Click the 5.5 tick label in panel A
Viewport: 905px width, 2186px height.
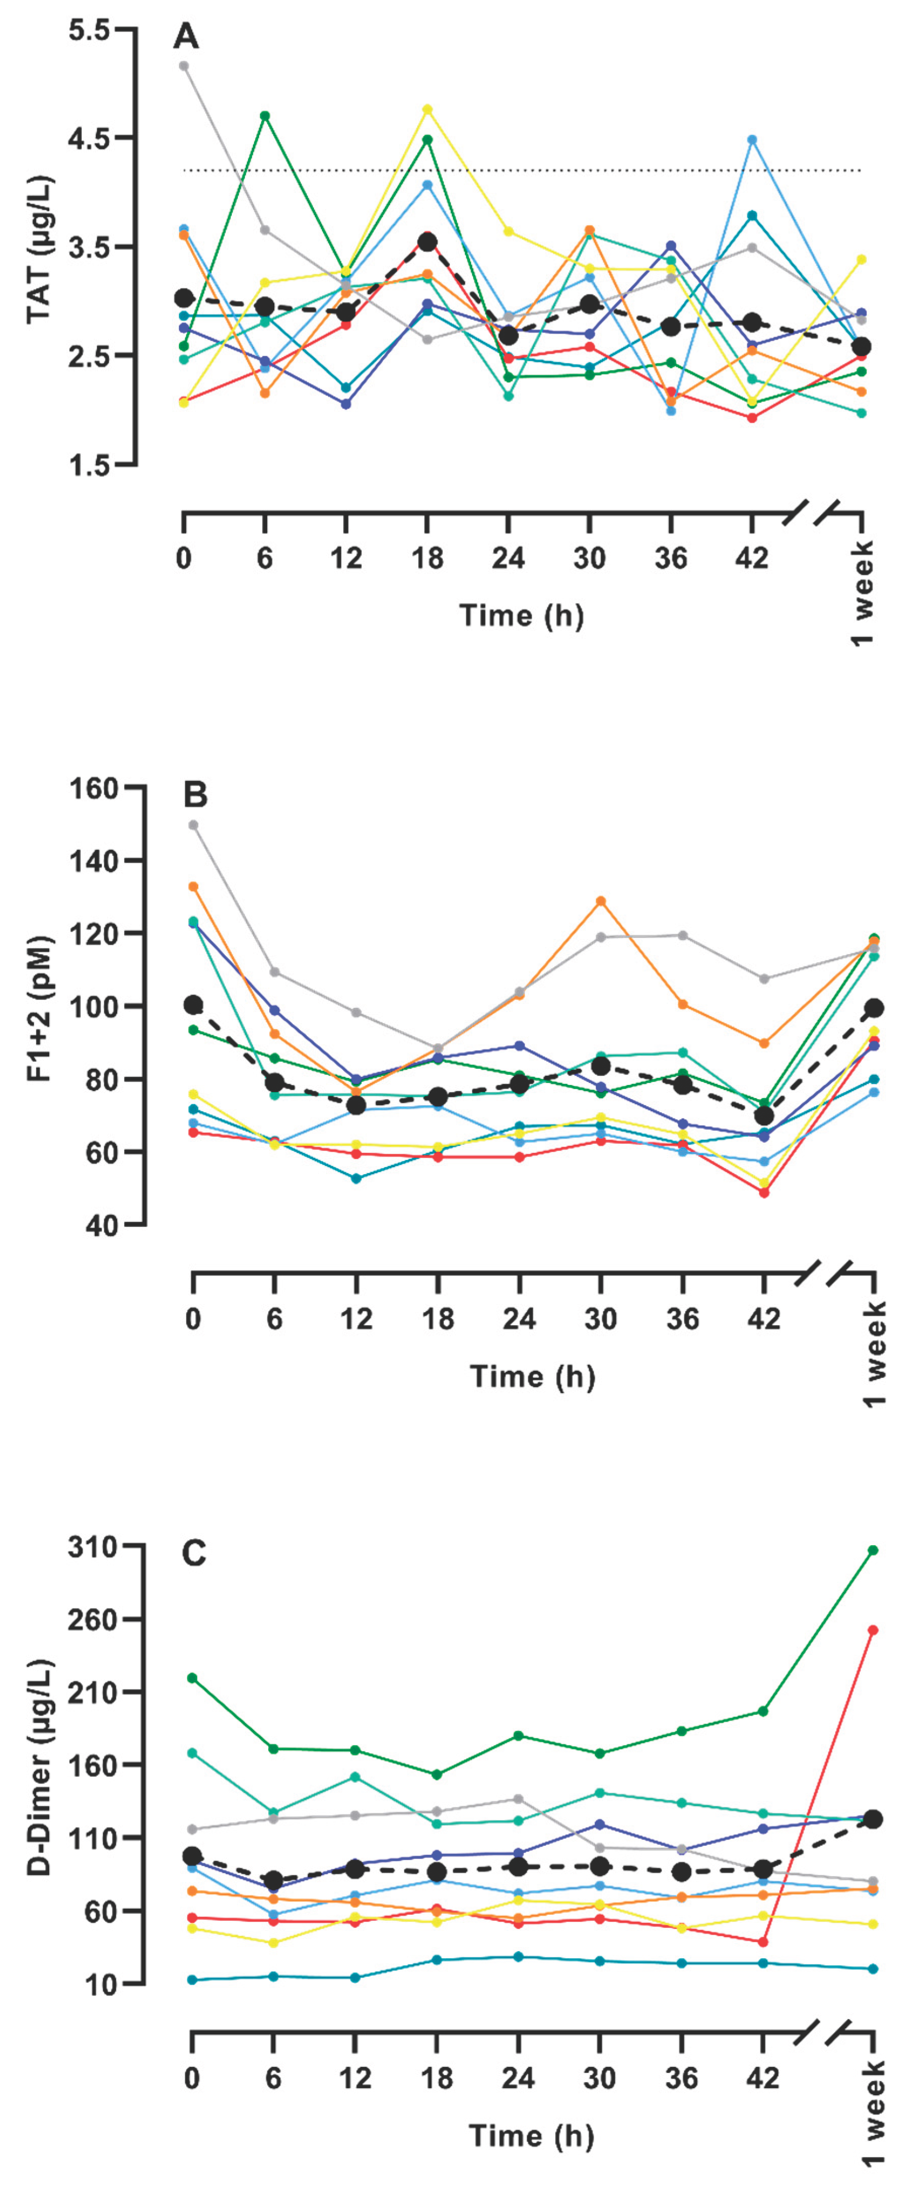point(89,30)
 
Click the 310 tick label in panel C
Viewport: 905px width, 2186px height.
point(93,1547)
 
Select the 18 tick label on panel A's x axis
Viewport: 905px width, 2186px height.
point(427,558)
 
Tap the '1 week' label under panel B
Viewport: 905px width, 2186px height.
point(875,1355)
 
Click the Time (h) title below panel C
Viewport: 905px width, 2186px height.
point(531,2135)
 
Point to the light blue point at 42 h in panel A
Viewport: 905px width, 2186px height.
point(751,140)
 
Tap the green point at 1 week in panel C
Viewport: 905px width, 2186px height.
point(873,1550)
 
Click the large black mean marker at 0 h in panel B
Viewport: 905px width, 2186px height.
point(194,1005)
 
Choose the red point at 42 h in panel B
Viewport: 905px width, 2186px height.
point(764,1192)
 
